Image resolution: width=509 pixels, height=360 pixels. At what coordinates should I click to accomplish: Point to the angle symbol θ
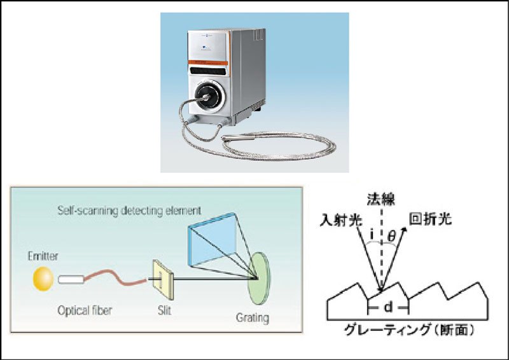point(391,236)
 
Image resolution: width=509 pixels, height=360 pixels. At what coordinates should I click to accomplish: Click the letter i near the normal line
point(371,236)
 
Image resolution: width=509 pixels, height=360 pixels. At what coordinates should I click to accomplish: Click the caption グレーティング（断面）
point(407,331)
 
